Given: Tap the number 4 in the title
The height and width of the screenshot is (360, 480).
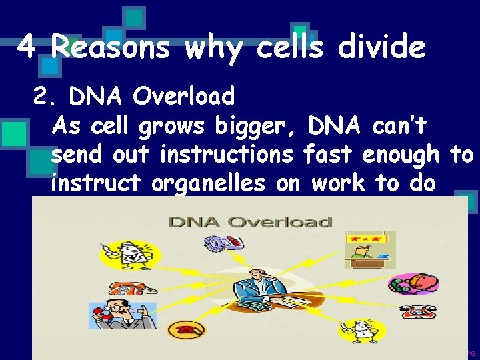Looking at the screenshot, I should click(x=26, y=47).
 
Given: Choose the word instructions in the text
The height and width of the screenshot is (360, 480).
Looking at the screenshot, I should click(x=226, y=155).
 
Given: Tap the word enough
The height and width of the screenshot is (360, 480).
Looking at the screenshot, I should click(x=399, y=155).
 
